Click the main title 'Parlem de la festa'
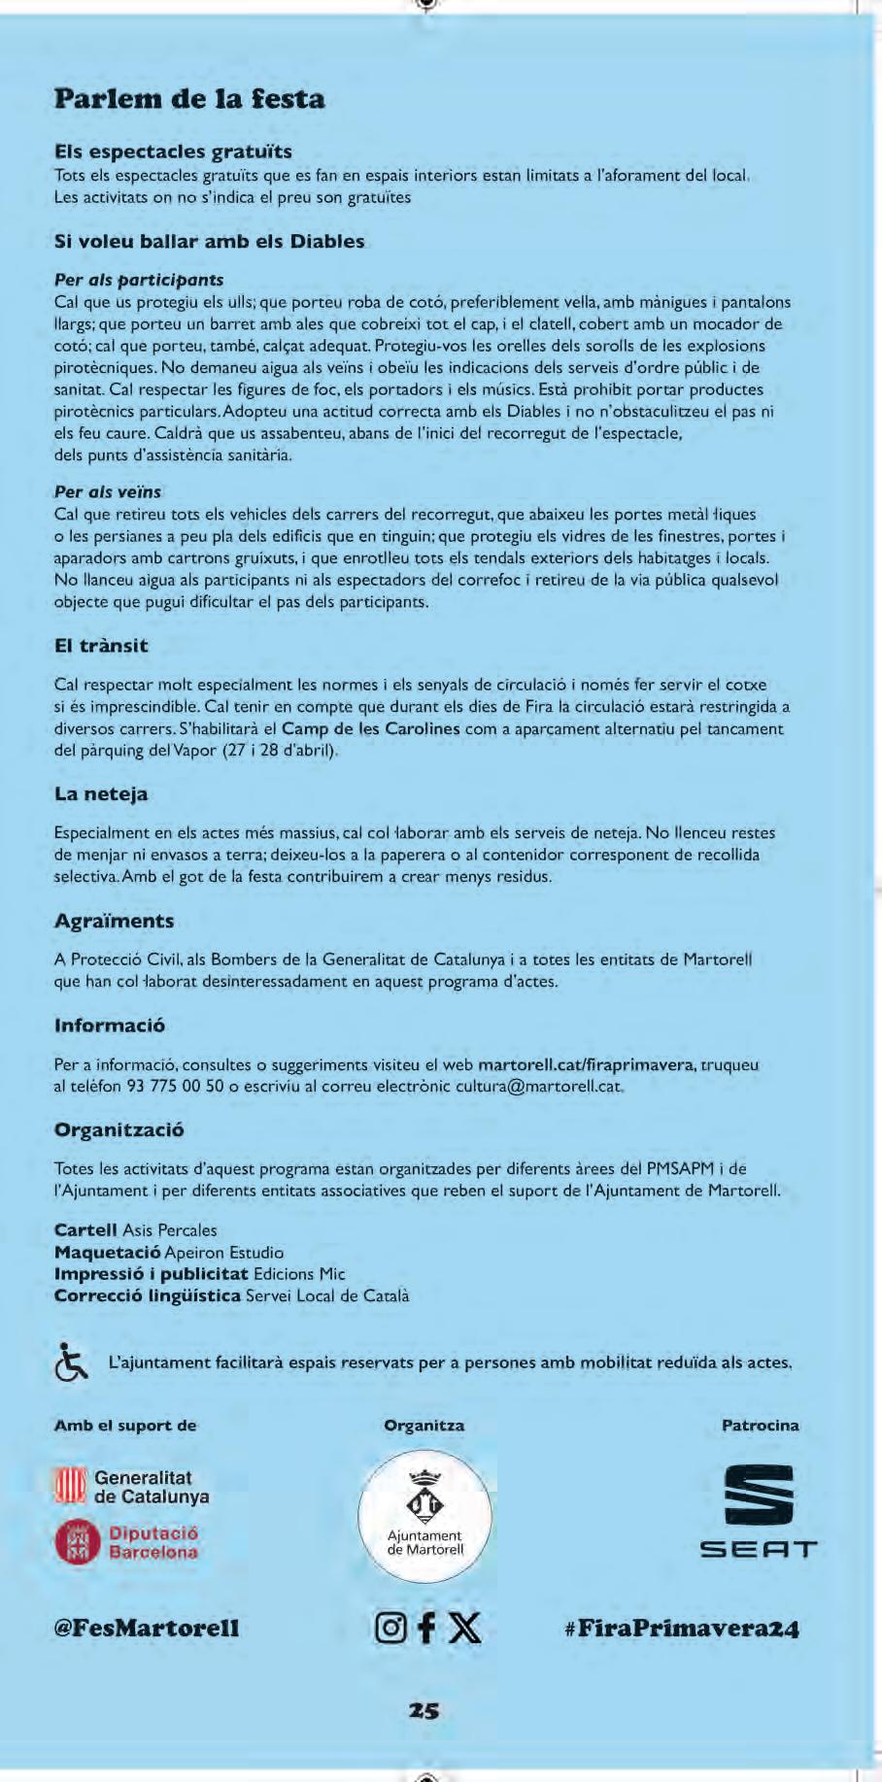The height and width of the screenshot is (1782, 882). point(189,99)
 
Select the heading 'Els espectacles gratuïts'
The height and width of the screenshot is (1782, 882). point(173,151)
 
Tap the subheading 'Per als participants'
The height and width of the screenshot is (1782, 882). point(139,280)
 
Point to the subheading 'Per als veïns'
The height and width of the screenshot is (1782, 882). point(108,491)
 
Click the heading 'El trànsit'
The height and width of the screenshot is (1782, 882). point(101,646)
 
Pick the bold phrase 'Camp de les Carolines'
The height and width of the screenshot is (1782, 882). point(371,728)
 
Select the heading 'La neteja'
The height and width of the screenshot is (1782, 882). point(101,794)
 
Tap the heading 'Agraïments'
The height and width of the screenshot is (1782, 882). point(114,921)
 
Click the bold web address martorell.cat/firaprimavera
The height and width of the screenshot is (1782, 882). point(587,1064)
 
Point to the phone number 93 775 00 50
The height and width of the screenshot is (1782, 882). point(176,1086)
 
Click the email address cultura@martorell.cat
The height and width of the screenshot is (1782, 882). point(538,1086)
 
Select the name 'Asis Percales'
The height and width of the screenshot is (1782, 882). point(170,1230)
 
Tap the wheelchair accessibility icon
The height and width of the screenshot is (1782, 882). point(71,1362)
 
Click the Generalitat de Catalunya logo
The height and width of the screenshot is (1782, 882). point(131,1487)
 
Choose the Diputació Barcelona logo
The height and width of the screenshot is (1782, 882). point(127,1542)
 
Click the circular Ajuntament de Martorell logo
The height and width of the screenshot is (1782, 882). point(424,1517)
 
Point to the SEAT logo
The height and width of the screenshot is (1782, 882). point(759,1512)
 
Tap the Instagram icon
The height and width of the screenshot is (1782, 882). point(390,1628)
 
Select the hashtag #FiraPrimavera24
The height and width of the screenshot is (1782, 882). point(681,1629)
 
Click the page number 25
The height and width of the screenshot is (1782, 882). point(424,1711)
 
